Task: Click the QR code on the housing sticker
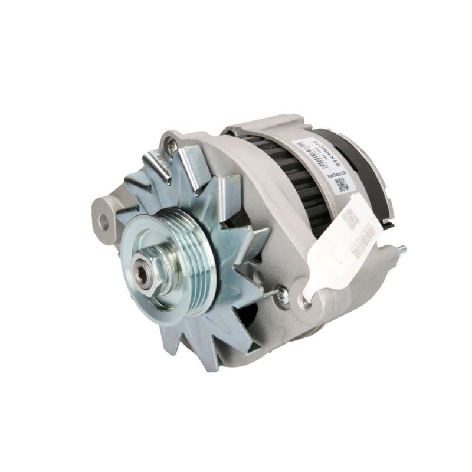[341, 184]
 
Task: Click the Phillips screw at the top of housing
[171, 141]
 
